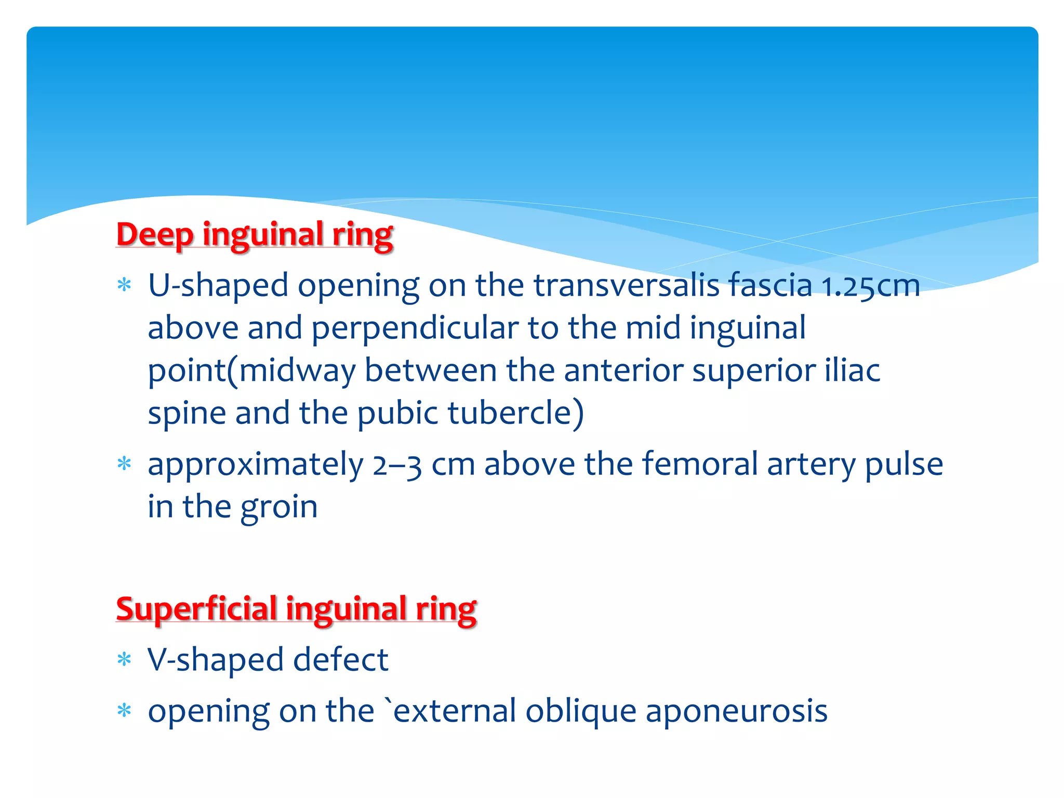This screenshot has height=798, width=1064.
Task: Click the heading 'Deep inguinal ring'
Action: click(x=255, y=235)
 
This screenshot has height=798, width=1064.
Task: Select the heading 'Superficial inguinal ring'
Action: click(x=296, y=609)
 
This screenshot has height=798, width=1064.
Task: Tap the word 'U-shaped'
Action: click(x=218, y=286)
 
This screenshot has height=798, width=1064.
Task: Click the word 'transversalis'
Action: click(x=627, y=285)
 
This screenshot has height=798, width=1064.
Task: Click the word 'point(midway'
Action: click(x=252, y=371)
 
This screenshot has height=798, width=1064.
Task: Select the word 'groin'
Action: click(x=279, y=508)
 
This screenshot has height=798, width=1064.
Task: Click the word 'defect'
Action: click(x=341, y=660)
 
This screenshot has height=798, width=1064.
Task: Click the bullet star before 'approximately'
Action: click(x=124, y=463)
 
